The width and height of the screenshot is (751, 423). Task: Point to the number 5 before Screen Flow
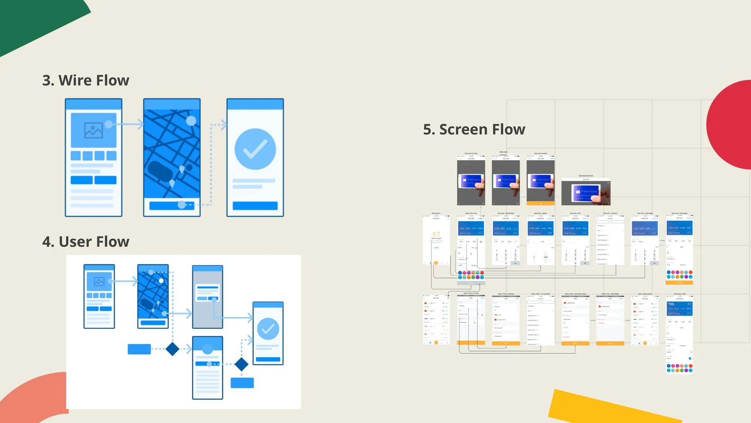[x=427, y=130]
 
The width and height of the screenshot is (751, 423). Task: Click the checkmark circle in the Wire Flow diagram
[x=255, y=149]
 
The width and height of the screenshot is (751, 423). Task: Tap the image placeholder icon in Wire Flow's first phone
[x=94, y=130]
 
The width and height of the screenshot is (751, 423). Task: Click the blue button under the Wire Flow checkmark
[x=255, y=206]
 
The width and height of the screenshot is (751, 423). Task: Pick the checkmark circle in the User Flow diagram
[x=268, y=329]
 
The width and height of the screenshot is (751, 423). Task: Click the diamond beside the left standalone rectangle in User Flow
[x=172, y=349]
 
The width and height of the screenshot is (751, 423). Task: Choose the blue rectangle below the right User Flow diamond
[x=242, y=383]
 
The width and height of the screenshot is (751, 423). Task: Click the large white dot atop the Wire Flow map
[x=191, y=120]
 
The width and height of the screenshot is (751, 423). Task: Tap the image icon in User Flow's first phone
[x=99, y=282]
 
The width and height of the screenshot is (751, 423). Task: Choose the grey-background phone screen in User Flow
[x=208, y=297]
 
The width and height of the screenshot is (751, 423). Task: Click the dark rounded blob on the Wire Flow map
[x=160, y=171]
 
